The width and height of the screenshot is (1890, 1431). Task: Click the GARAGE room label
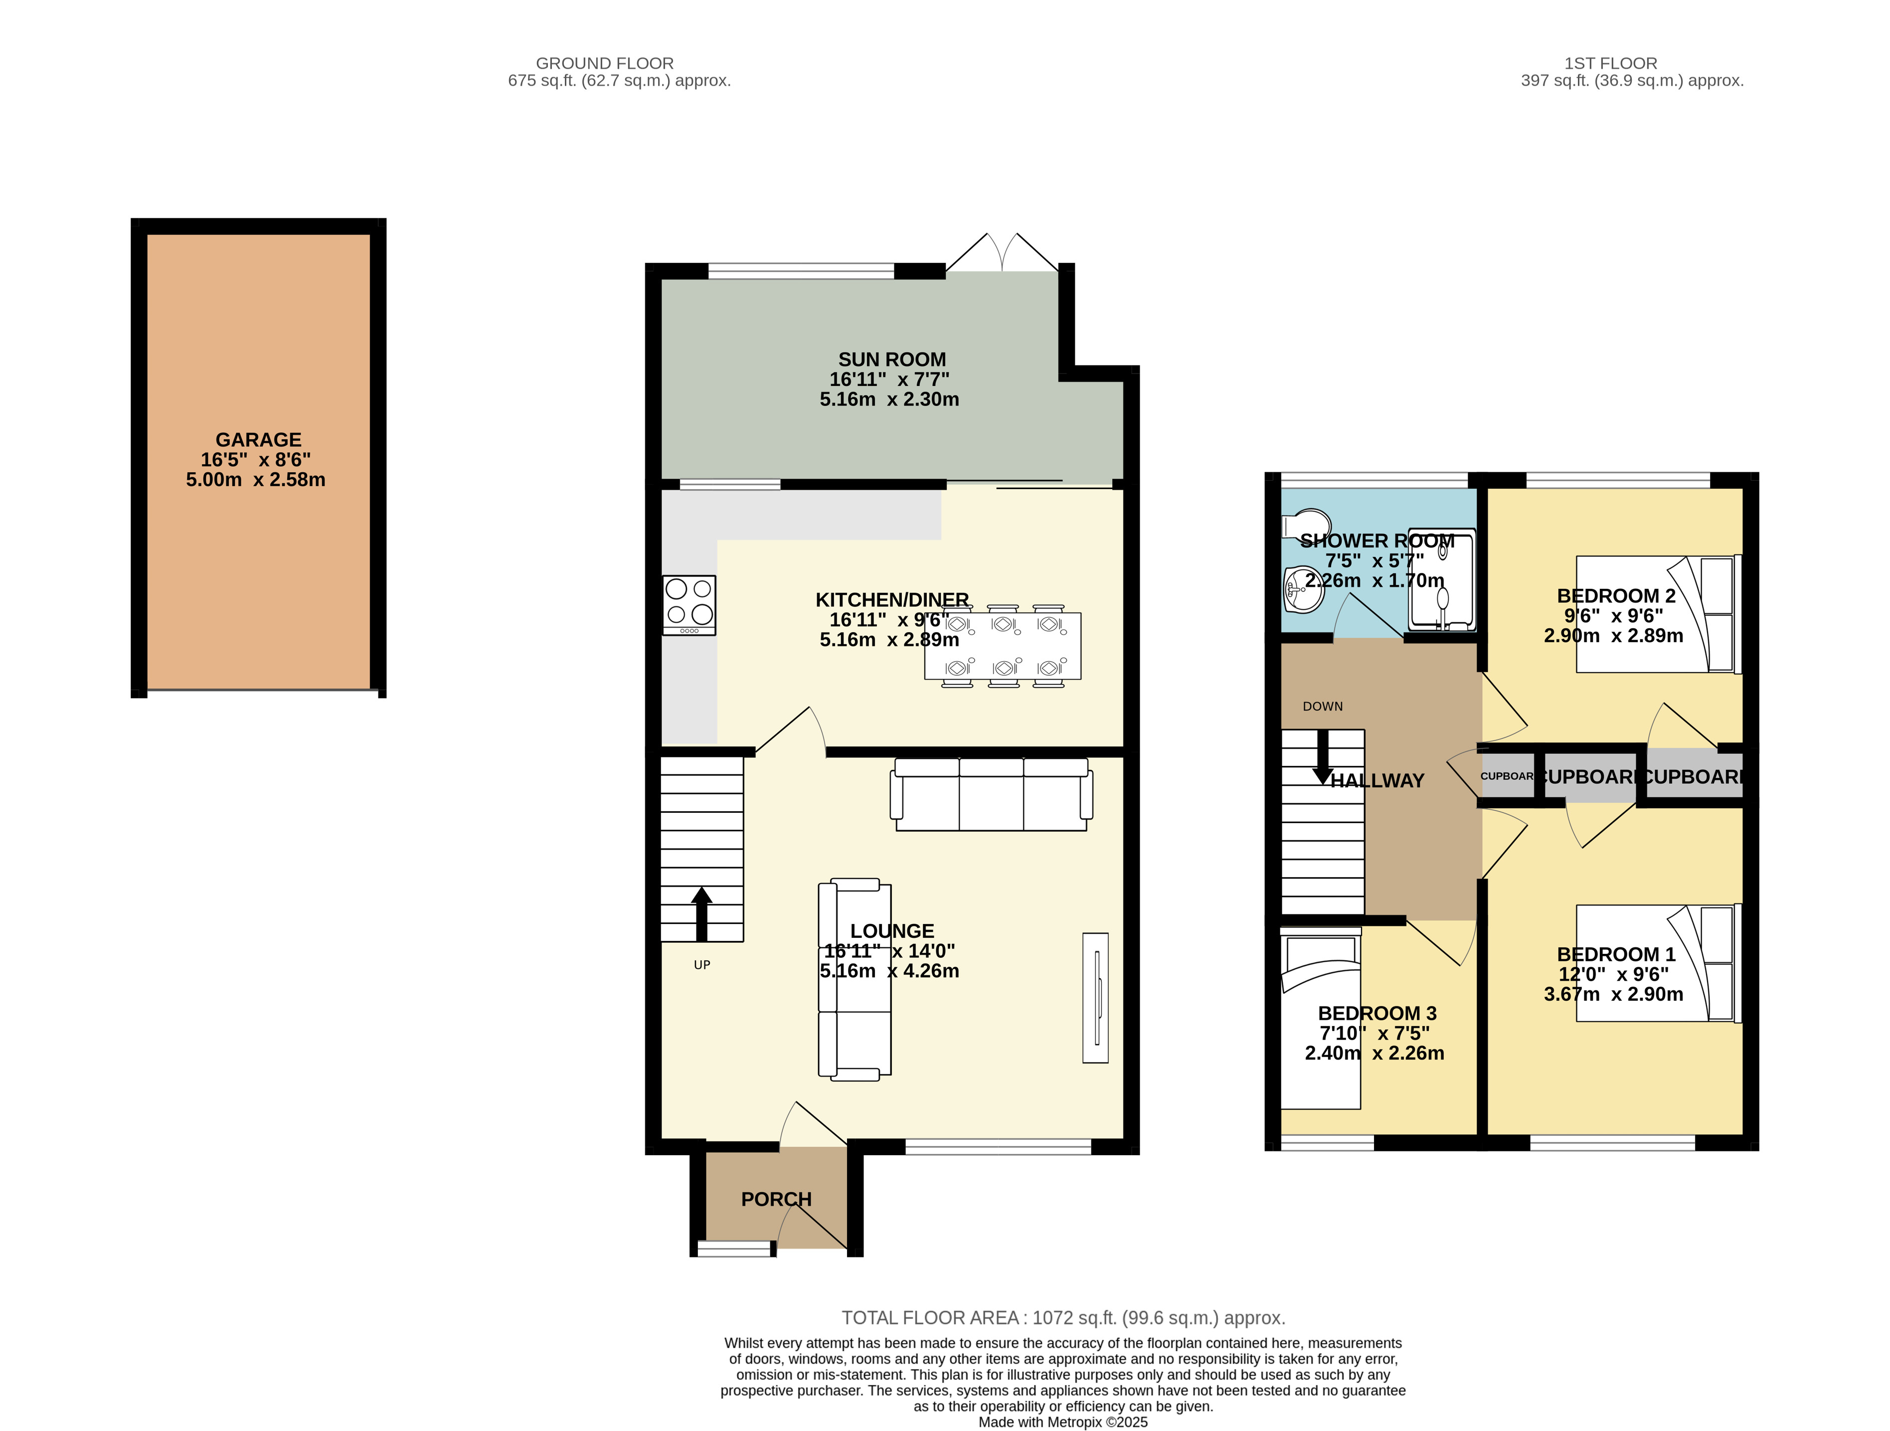(x=258, y=440)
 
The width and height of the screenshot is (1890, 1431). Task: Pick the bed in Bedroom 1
(x=1658, y=964)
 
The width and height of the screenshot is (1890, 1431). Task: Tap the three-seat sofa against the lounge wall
(x=991, y=794)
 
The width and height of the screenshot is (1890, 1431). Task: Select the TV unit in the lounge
(x=1095, y=998)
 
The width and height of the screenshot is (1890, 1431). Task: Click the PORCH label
(x=776, y=1200)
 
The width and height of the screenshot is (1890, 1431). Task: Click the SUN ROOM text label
(x=891, y=359)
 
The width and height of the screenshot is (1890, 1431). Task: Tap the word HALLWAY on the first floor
(x=1377, y=781)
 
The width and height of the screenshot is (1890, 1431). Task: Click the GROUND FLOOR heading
(x=604, y=63)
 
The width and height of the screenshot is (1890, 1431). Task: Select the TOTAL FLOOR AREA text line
(x=1063, y=1318)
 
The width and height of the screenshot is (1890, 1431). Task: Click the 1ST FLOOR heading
(x=1611, y=63)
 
